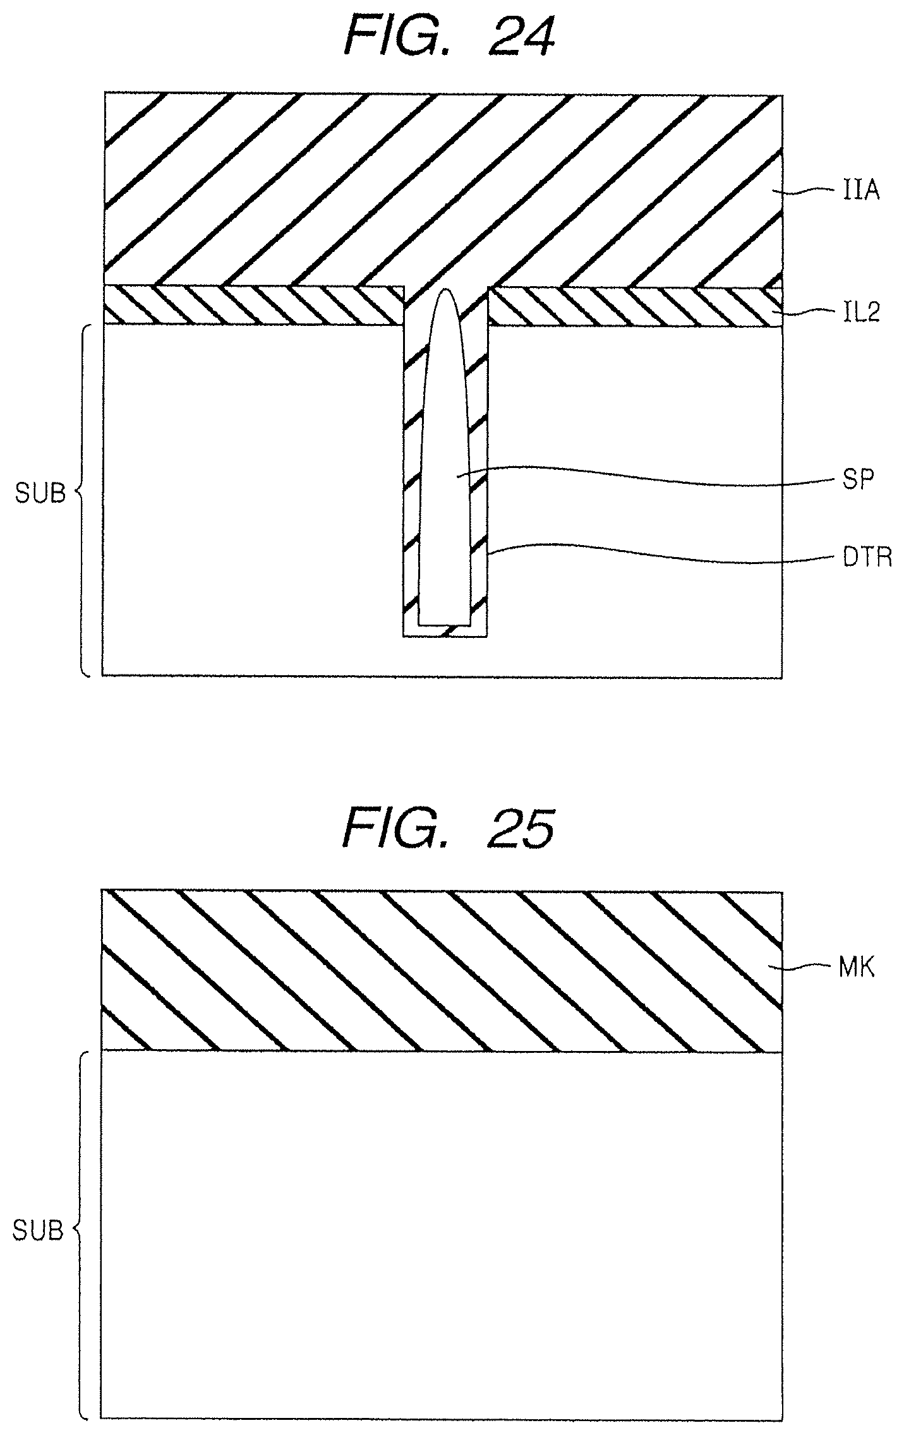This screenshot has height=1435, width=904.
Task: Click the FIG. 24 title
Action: click(449, 38)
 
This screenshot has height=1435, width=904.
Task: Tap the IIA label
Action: click(862, 191)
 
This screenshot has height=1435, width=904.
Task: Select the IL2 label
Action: click(862, 313)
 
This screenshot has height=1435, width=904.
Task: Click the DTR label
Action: click(868, 558)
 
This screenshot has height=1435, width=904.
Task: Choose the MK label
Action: click(857, 968)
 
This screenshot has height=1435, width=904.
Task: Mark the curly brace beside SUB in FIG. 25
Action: click(79, 1232)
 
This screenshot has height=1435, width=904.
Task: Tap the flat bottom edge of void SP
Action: click(445, 625)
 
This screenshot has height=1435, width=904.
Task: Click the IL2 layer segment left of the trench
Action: click(253, 305)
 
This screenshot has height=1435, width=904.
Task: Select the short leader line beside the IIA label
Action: click(812, 189)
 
